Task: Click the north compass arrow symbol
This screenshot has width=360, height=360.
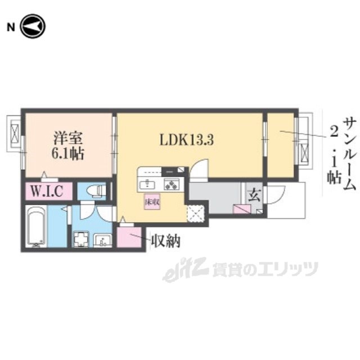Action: coord(33,26)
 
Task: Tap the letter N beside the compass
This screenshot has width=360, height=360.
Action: coord(11,28)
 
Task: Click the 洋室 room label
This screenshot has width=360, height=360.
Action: coord(68,138)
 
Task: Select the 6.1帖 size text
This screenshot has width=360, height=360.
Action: coord(68,154)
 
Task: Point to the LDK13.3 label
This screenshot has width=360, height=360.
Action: coord(187,139)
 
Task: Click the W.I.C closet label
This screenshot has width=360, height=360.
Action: coord(47,191)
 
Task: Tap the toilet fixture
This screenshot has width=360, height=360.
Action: coord(96,191)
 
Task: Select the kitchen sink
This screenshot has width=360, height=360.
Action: coord(147,185)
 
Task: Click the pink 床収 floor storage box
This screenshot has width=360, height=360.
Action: coord(152,201)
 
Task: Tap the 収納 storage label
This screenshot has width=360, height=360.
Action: coord(166,241)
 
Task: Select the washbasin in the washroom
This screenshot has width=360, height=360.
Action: coord(103,240)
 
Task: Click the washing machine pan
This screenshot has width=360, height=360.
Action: coord(81,239)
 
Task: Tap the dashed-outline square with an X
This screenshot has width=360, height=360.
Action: coord(195,214)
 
